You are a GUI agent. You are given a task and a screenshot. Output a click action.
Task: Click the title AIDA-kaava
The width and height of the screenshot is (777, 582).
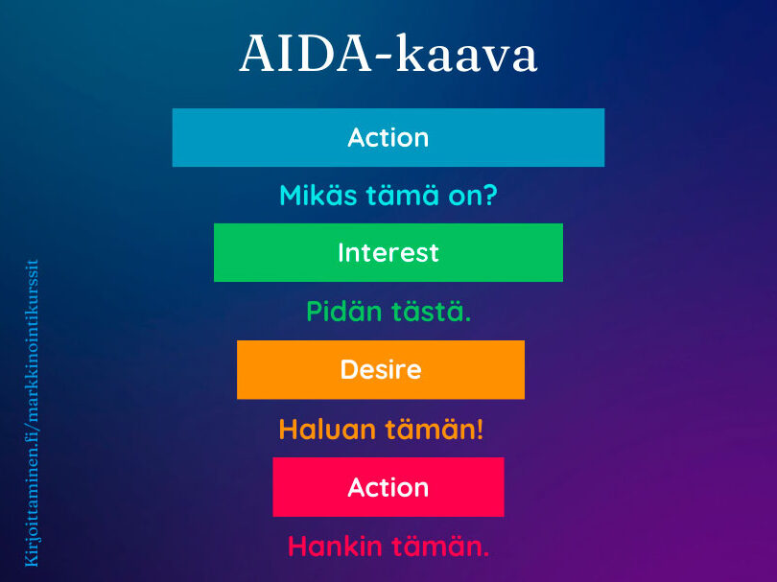point(388,54)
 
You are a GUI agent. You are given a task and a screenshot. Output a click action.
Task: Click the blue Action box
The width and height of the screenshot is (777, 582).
point(388,138)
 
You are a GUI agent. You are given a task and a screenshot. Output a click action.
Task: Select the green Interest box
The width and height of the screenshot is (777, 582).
point(388,252)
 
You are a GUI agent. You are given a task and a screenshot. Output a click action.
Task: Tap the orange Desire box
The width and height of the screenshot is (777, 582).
point(381,369)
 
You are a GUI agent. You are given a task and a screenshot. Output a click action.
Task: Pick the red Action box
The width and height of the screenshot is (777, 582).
point(388,487)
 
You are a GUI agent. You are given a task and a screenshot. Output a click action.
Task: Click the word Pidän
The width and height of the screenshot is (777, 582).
point(344,312)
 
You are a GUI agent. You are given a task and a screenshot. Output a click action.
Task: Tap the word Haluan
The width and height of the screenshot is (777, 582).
point(327,429)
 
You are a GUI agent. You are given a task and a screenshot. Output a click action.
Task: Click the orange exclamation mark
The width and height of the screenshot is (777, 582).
point(480,429)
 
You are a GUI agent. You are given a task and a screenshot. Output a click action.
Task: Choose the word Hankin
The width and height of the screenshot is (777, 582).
point(335,547)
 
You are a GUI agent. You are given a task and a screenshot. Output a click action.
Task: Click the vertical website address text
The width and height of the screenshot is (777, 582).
point(32,413)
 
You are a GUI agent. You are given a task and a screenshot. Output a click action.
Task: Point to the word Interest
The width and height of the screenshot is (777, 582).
point(388,252)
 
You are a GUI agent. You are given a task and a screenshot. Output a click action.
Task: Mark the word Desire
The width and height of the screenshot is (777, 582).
point(381,369)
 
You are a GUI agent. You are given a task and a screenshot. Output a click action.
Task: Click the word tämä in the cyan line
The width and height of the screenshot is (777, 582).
point(403,196)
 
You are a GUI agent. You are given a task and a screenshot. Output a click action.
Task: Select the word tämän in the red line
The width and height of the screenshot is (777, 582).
point(440,547)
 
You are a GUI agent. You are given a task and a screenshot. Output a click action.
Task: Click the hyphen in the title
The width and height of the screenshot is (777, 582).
point(385,58)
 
